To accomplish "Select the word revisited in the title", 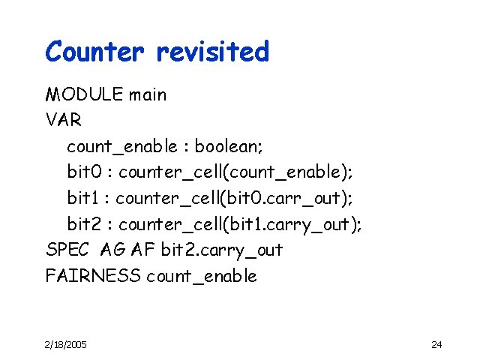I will point(212,52).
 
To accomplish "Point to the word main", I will point(148,95).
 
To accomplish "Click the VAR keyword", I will point(64,121).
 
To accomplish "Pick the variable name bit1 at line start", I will point(83,198).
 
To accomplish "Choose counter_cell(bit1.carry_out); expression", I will point(240,223).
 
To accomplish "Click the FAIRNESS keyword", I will point(92,275).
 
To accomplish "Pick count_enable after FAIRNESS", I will point(202,276).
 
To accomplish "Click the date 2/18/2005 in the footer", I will point(65,344).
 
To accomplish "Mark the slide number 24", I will point(436,344).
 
